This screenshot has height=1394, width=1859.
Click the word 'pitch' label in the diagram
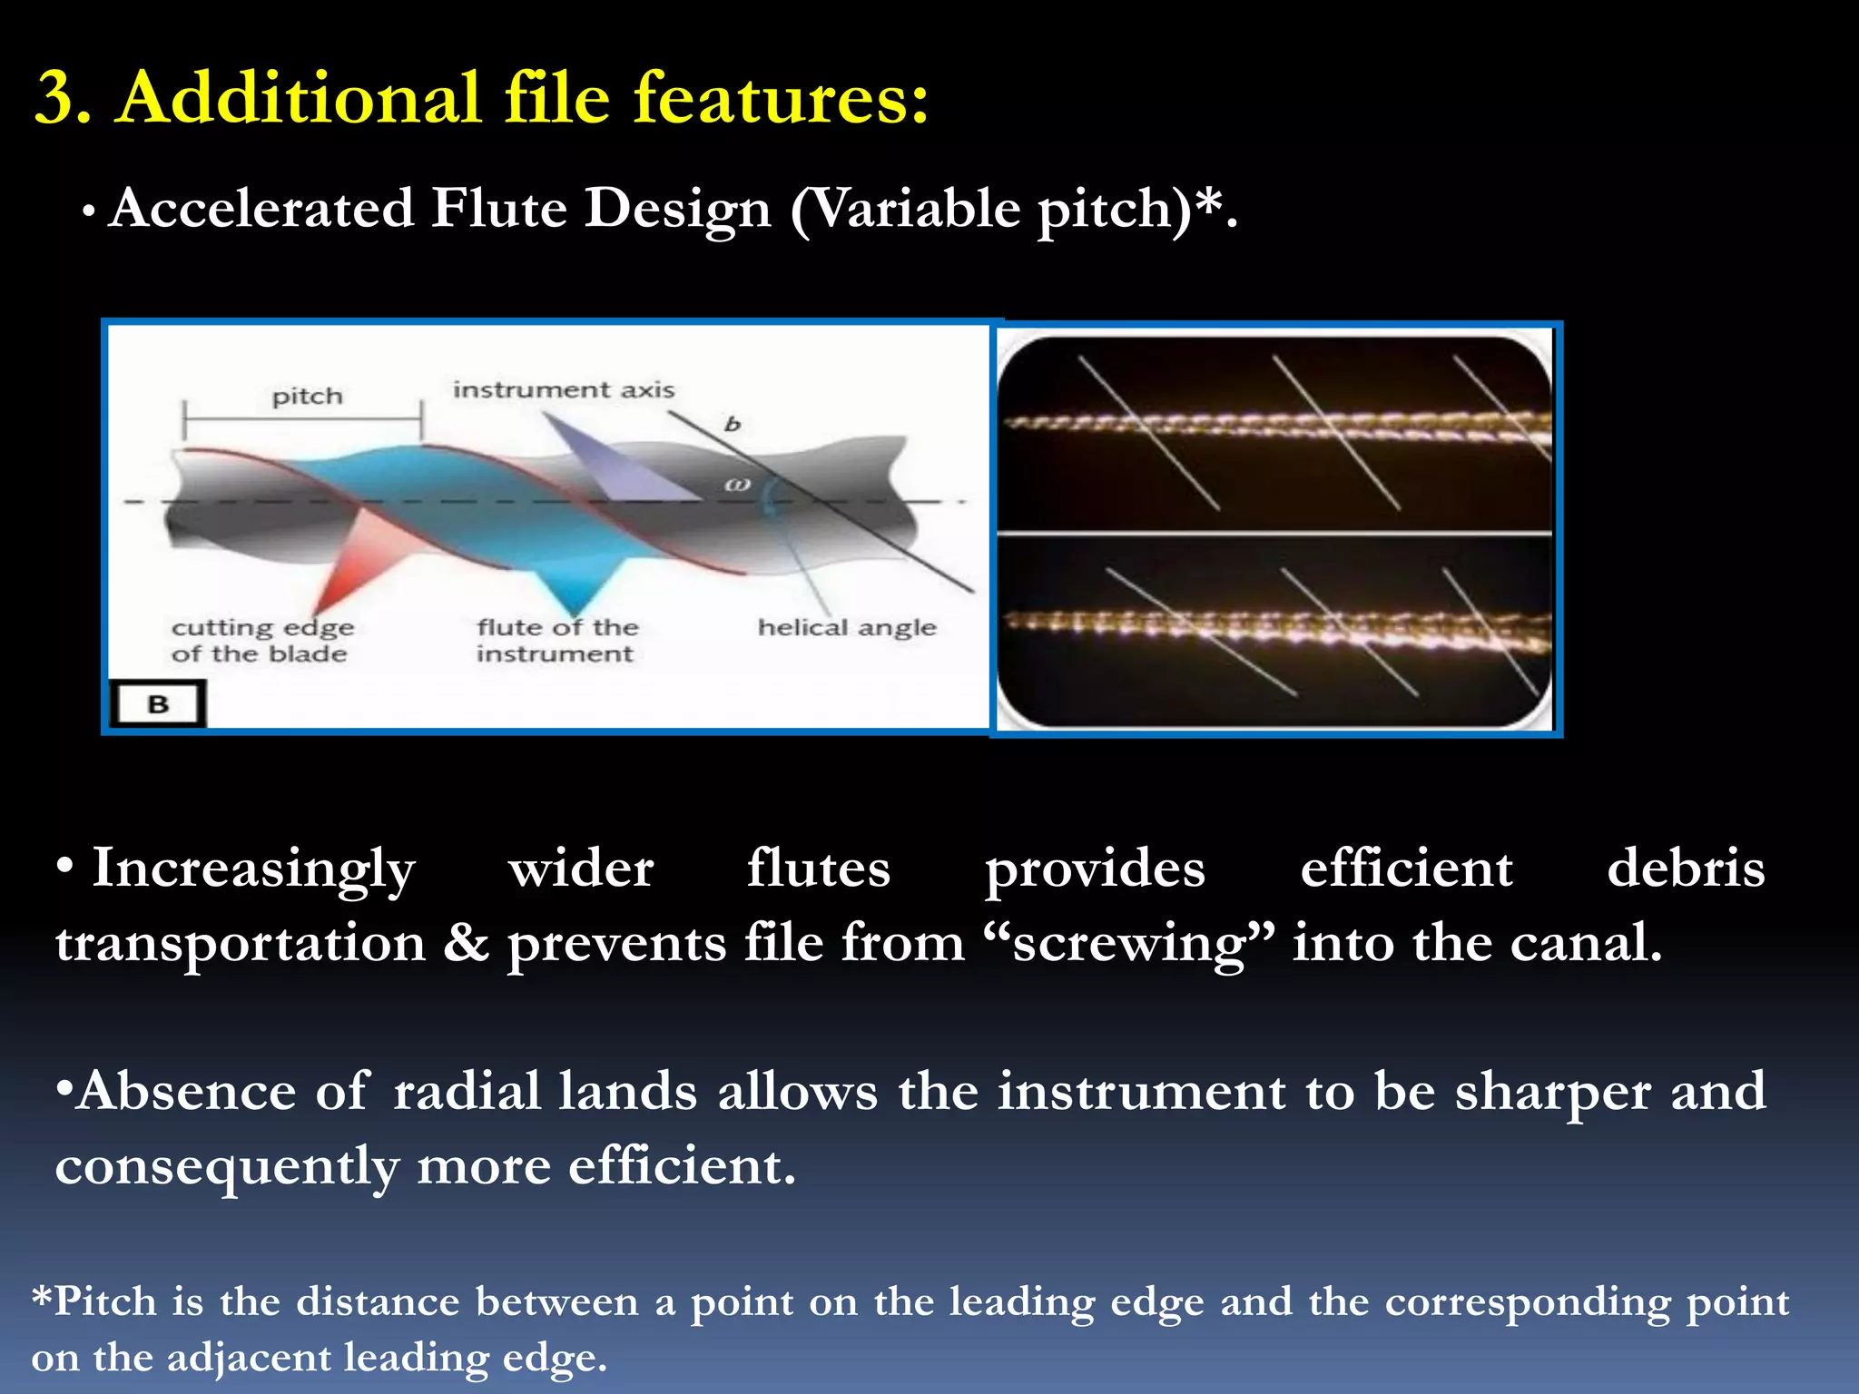(307, 397)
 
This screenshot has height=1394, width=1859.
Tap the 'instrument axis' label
(564, 389)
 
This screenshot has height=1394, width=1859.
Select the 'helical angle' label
(846, 627)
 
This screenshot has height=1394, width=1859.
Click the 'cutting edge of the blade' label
(261, 641)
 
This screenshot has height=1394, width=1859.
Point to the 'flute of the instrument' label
(557, 641)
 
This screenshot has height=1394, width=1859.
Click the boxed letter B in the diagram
(158, 704)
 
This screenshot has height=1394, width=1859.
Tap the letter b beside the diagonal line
(733, 424)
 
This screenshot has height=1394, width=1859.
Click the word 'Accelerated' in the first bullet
(261, 209)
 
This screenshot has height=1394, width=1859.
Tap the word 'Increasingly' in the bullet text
(253, 869)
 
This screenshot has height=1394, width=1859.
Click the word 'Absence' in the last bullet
(185, 1091)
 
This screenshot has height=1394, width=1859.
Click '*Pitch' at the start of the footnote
(94, 1301)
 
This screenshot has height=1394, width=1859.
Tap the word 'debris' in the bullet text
(1685, 868)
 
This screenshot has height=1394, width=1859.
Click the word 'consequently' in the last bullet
(226, 1167)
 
